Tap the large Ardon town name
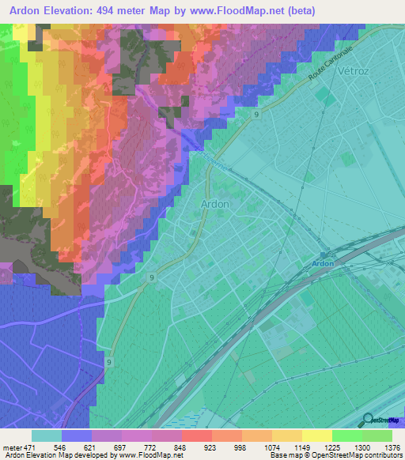click(x=215, y=203)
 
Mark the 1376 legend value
click(x=391, y=447)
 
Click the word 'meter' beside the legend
click(x=11, y=447)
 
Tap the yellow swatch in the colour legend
click(x=316, y=435)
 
